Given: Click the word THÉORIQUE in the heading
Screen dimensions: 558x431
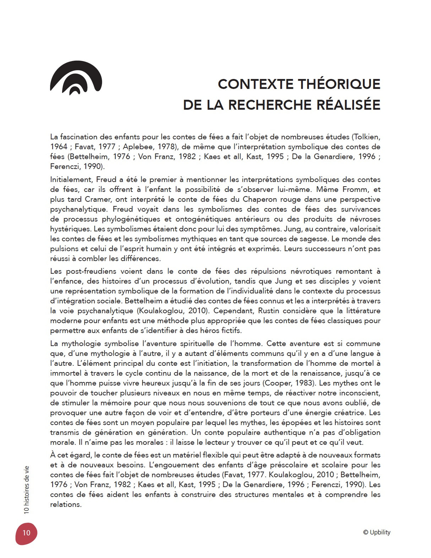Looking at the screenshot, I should coord(339,84).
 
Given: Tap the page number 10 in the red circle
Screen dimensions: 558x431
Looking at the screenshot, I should coord(26,533).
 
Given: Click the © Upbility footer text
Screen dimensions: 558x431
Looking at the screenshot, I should coord(377,532).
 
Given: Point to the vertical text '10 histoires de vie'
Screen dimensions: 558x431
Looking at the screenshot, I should coord(27,490).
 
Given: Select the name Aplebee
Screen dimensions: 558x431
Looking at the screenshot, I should coord(137,147).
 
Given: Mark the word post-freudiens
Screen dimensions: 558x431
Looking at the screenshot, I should coord(86,271).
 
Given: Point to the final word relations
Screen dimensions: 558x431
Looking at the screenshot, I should coord(66,504).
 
